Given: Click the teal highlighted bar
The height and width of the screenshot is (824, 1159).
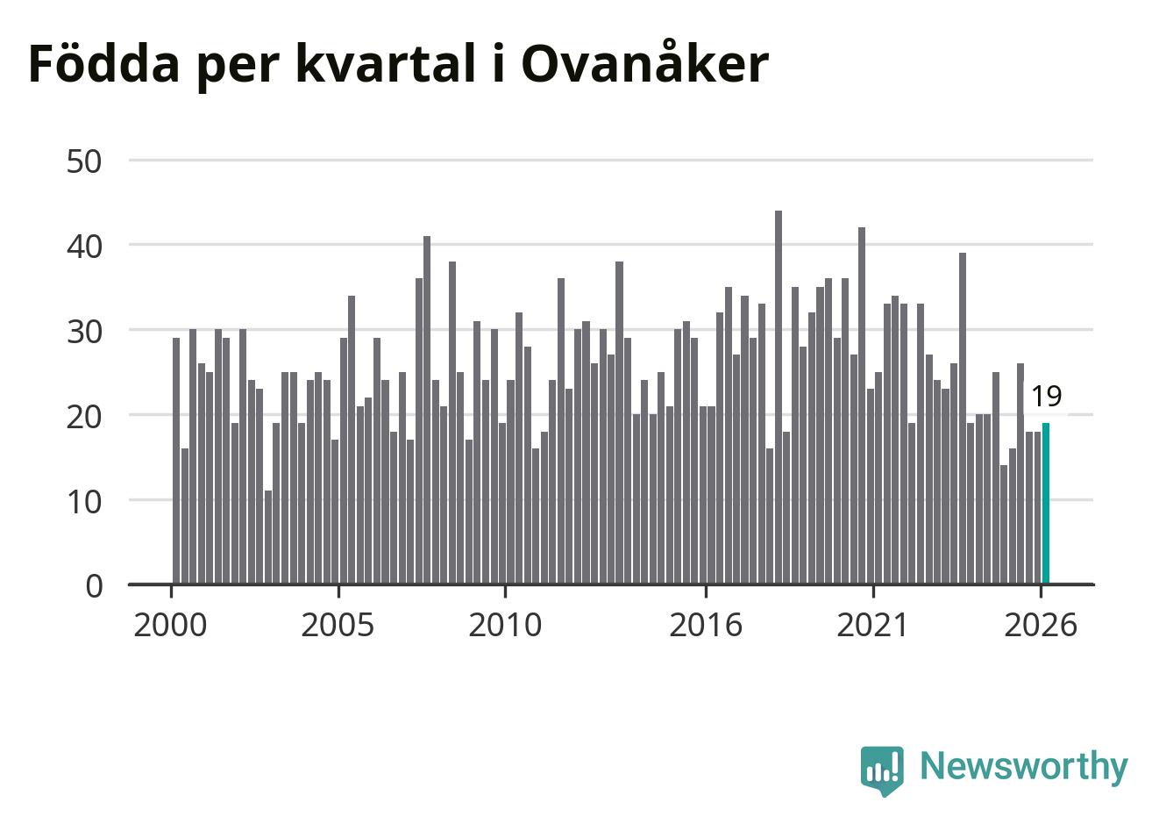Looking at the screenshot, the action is [x=1046, y=504].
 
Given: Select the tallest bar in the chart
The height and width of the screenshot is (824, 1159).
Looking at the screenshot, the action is [x=779, y=398].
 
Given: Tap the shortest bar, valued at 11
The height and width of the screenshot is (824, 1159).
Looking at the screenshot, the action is [x=268, y=537].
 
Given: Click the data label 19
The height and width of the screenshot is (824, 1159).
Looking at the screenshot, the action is [x=1046, y=397].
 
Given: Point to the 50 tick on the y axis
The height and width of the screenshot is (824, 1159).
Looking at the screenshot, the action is [x=84, y=161].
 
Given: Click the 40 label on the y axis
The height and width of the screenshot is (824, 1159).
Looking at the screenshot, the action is [x=84, y=247].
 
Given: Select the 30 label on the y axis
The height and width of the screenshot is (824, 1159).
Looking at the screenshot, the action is [x=84, y=332].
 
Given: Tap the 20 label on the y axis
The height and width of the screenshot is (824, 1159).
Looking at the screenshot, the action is [x=84, y=417].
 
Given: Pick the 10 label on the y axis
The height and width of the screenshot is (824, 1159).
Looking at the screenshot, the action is [x=84, y=502].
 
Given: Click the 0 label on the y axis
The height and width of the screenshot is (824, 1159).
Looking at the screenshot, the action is [x=94, y=587].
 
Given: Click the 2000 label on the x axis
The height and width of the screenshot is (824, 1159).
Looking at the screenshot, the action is [x=170, y=625].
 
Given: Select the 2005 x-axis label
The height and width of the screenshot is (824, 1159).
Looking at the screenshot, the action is [x=338, y=625].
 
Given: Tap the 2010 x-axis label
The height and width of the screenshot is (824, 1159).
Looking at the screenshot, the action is [x=505, y=625].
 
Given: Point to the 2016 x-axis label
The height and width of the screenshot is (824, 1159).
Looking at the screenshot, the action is [x=706, y=625].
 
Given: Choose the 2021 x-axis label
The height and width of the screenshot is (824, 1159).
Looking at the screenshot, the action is [x=873, y=625].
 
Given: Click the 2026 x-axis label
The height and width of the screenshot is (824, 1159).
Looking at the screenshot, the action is [x=1041, y=625].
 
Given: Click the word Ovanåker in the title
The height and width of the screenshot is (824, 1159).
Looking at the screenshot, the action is [x=645, y=61].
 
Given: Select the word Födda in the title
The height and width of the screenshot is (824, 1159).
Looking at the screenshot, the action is [x=104, y=62].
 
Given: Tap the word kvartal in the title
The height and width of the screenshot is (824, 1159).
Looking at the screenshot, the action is [x=386, y=62].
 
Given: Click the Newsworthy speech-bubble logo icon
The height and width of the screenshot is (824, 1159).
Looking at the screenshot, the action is [x=882, y=770].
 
